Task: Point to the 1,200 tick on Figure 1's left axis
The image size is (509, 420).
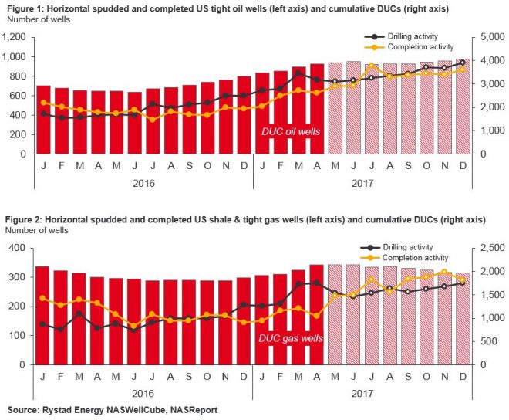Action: coord(15,37)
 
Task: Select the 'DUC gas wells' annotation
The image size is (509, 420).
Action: coord(292,337)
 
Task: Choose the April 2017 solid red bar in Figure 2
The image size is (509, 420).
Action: coord(316,314)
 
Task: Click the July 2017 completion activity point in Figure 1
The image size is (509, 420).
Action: coord(371,66)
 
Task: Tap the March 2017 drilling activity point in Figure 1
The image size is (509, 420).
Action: coord(298,73)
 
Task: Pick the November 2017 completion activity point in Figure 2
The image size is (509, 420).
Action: coord(444,272)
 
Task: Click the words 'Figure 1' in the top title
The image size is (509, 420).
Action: coord(22,7)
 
